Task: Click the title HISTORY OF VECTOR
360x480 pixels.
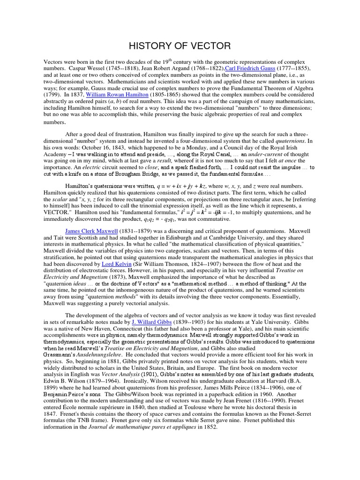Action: pos(180,45)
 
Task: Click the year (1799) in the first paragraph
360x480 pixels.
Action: pos(52,94)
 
